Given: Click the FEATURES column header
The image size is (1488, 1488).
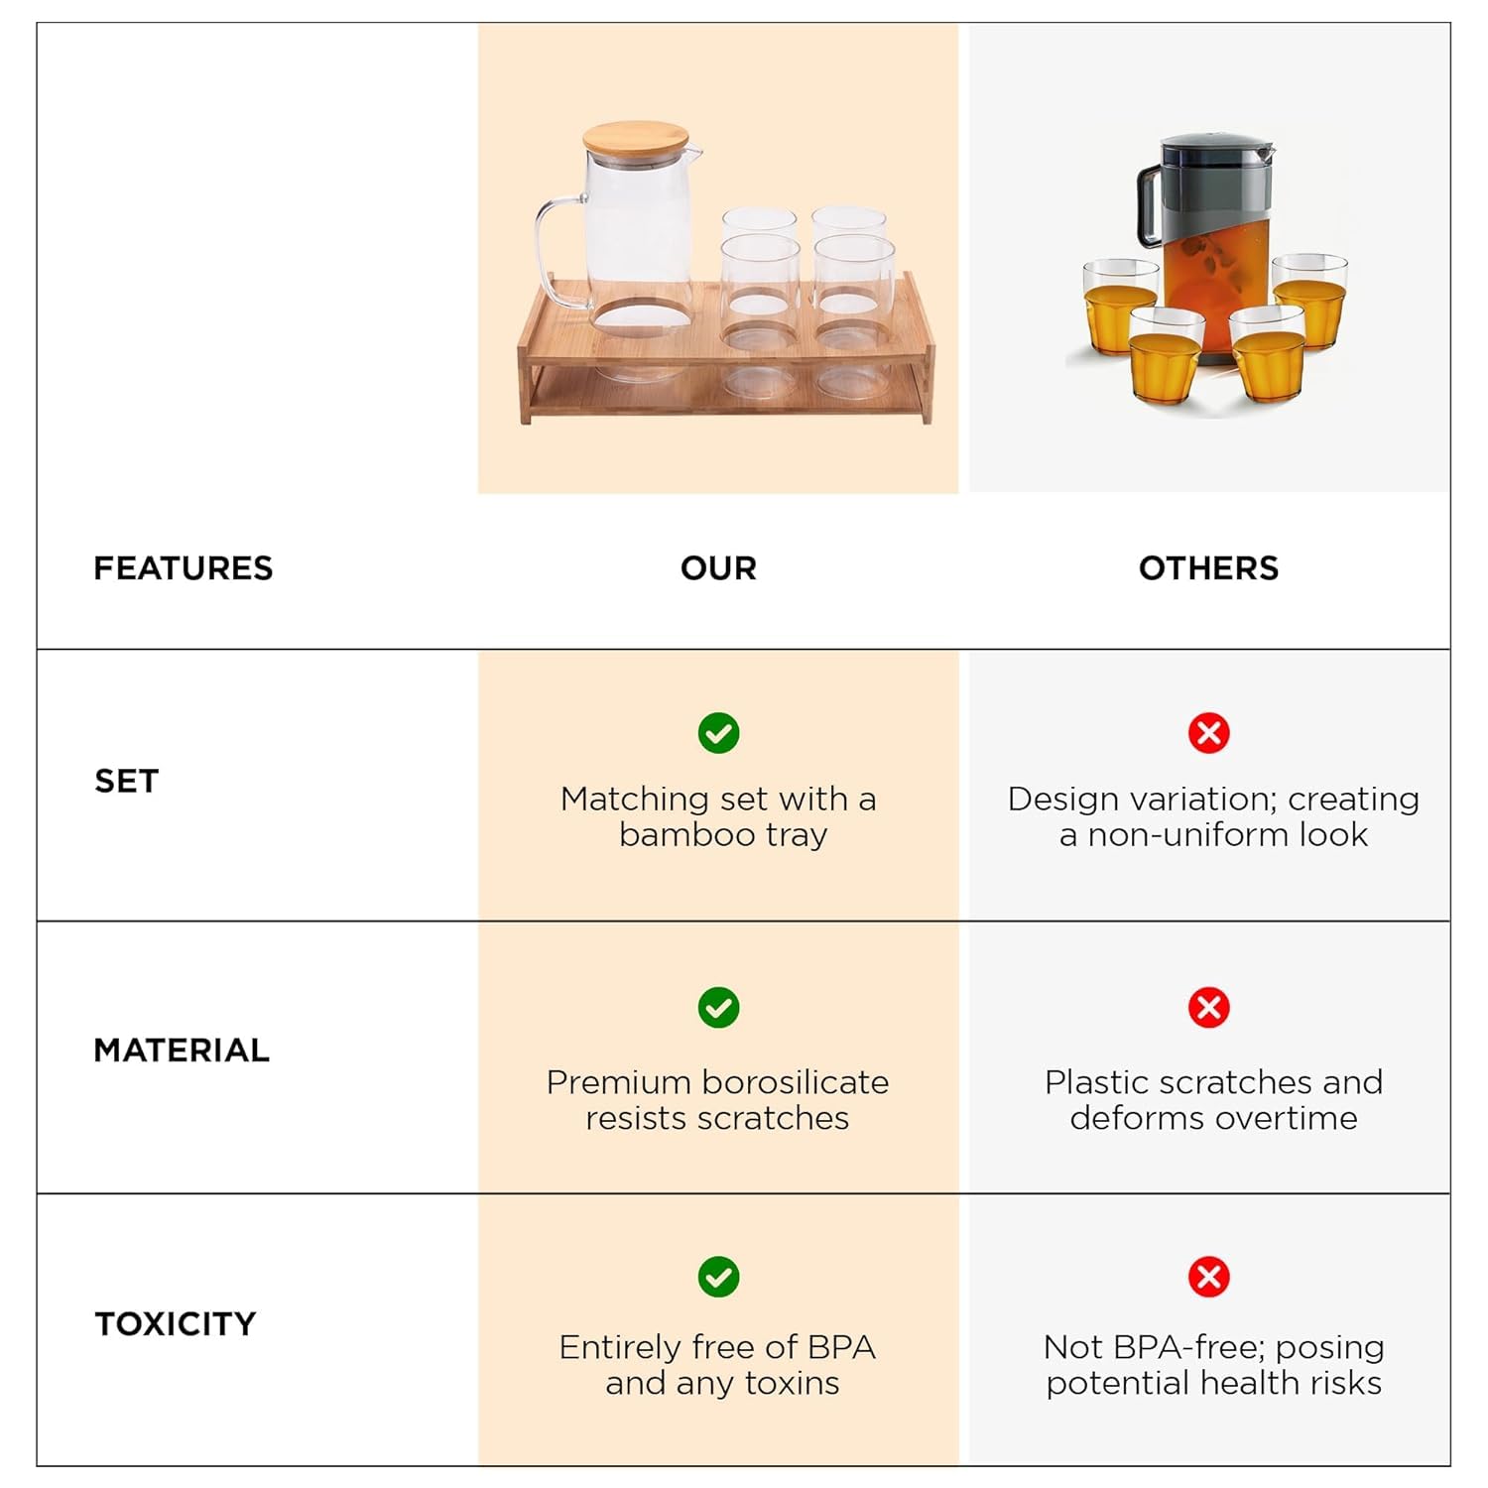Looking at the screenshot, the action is [x=183, y=568].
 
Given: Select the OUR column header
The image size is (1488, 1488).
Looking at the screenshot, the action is [x=718, y=568].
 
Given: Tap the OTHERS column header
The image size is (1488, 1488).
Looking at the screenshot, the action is [x=1208, y=568].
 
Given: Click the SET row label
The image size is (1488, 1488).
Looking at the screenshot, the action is [x=126, y=782].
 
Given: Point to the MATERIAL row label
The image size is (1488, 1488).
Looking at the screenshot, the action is [x=182, y=1051].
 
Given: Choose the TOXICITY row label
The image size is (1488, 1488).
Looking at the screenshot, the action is [x=176, y=1324].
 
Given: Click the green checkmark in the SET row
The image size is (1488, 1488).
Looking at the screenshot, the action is [x=718, y=733].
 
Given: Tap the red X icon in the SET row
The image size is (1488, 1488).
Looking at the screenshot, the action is [x=1208, y=733].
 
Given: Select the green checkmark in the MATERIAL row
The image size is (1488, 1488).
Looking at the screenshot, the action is [x=718, y=1008].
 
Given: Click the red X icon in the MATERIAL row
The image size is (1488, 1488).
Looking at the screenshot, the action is [x=1208, y=1008].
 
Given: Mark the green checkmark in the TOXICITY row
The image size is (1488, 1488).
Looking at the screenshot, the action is [x=718, y=1277].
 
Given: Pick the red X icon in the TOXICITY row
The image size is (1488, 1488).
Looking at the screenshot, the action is [x=1208, y=1277].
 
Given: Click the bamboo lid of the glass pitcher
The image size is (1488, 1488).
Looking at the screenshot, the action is [x=636, y=140].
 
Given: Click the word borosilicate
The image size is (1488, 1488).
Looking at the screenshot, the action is [x=790, y=1082].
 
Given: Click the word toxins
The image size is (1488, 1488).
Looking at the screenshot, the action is [x=792, y=1384].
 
